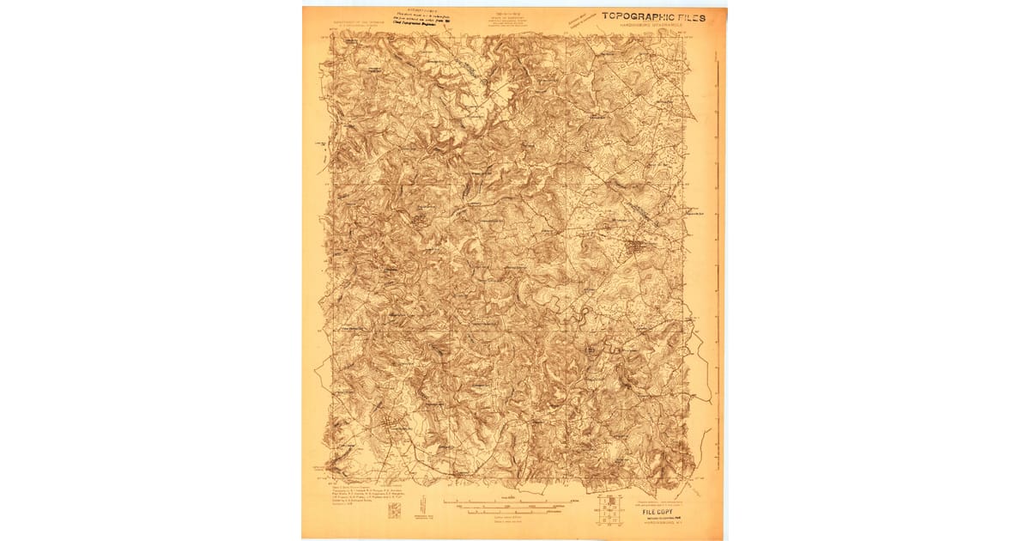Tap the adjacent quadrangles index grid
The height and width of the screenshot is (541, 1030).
coord(610,511)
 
